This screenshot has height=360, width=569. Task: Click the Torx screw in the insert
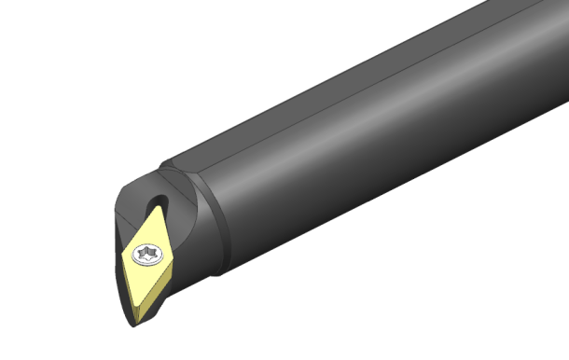146,252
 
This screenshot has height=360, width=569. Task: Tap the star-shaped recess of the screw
146,252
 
